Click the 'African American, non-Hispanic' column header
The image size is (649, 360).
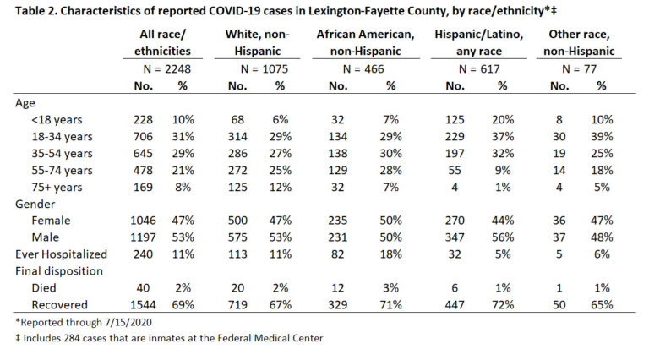[x=365, y=42]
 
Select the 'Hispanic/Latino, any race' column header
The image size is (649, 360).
[x=479, y=42]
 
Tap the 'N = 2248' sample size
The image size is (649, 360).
[x=166, y=68]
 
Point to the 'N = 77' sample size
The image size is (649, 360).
[x=579, y=68]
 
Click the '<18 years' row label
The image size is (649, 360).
[x=57, y=120]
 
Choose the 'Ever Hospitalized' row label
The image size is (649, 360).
[x=61, y=254]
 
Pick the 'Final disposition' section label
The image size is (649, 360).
[x=59, y=271]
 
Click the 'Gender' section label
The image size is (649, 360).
[x=35, y=204]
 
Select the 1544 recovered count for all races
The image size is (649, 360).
[x=143, y=305]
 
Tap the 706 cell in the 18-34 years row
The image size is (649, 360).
[x=143, y=137]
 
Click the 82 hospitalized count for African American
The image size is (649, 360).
[x=337, y=254]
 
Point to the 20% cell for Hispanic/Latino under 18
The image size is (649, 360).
[x=503, y=120]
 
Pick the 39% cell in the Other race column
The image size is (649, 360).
[x=602, y=137]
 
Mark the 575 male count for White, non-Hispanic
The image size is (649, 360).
[x=237, y=237]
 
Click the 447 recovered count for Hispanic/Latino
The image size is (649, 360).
[x=455, y=305]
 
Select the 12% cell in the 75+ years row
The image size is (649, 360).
[x=281, y=187]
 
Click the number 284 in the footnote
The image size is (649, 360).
[x=71, y=338]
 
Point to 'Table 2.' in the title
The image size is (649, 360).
[x=36, y=10]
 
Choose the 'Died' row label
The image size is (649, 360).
[x=44, y=288]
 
